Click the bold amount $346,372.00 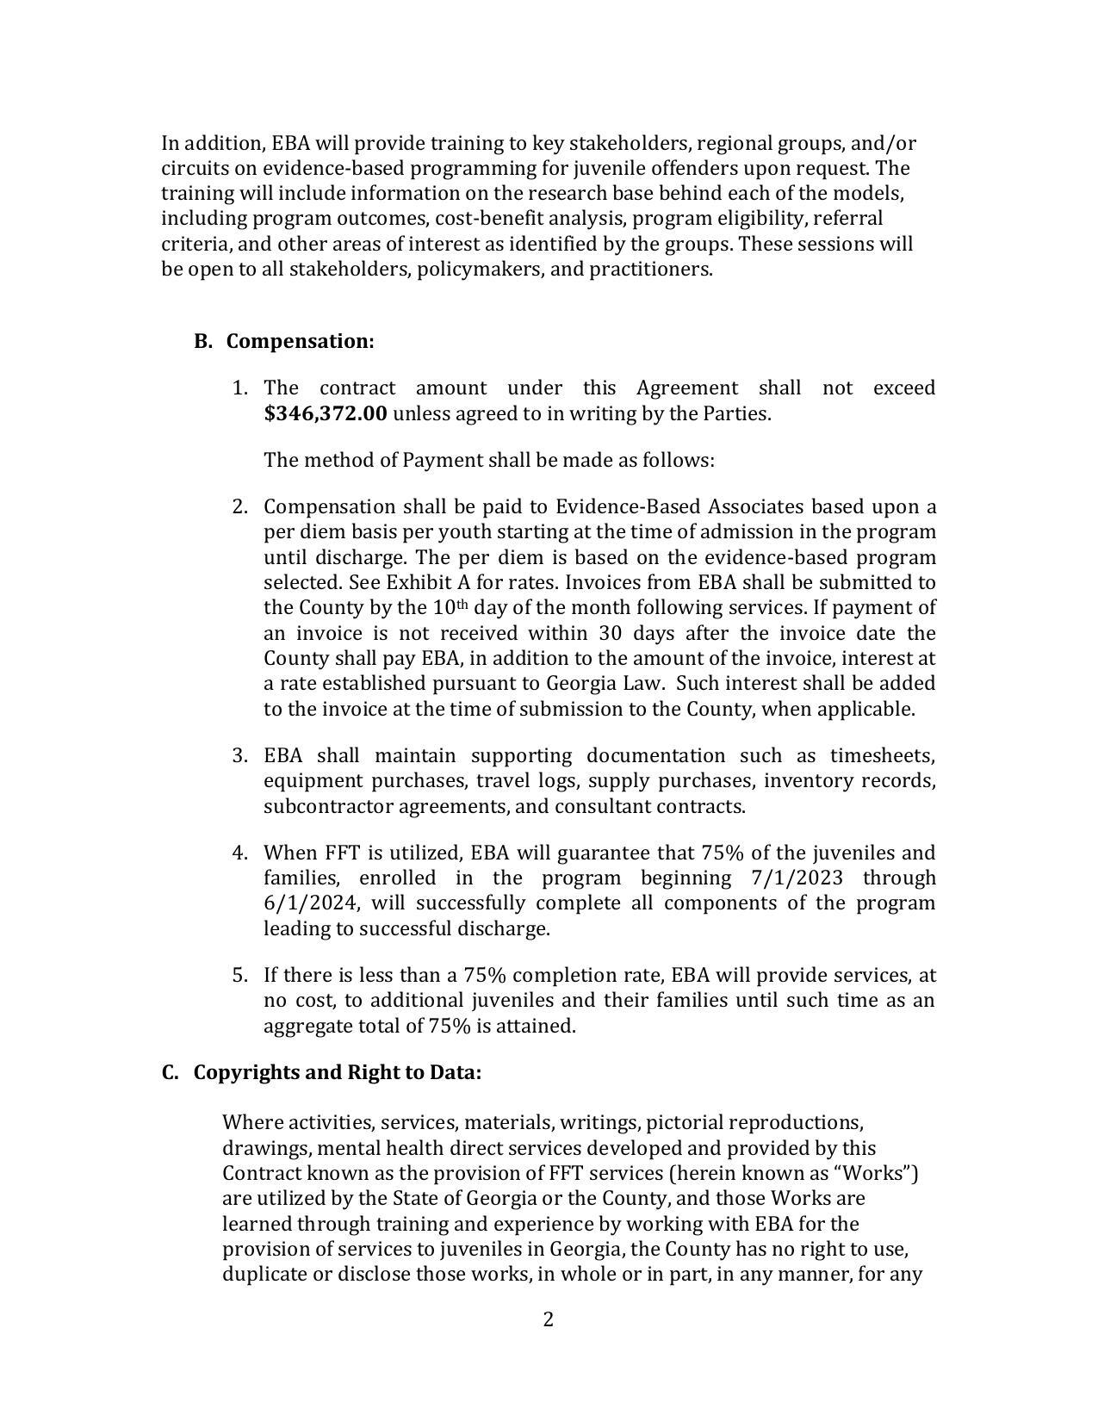tap(326, 413)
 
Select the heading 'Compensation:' tap(300, 341)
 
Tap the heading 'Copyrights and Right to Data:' tap(337, 1072)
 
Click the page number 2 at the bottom tap(548, 1319)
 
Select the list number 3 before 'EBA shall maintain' tap(240, 755)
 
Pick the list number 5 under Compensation tap(240, 975)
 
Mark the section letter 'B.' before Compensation tap(202, 341)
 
